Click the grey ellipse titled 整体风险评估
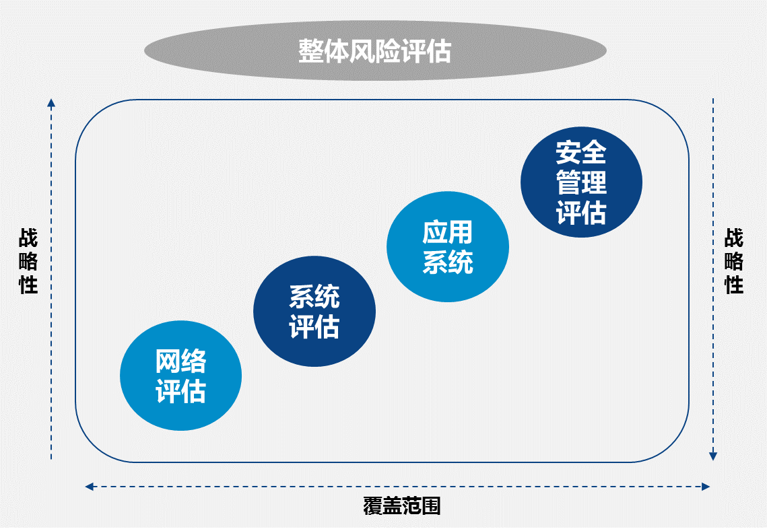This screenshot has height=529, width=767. click(x=375, y=50)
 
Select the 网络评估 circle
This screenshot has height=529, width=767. click(x=181, y=376)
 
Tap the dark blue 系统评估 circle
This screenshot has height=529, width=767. click(x=314, y=311)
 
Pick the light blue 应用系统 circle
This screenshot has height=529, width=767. click(x=448, y=246)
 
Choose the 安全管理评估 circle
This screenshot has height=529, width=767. click(x=581, y=182)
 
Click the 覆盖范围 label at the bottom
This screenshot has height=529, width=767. click(x=401, y=506)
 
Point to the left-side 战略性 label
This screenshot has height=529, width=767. click(x=28, y=260)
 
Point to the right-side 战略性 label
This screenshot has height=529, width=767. click(x=734, y=260)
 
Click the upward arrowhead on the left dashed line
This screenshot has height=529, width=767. click(x=51, y=103)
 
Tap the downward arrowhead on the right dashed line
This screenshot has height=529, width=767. click(x=713, y=456)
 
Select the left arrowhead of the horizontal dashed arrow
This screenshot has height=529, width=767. click(x=89, y=487)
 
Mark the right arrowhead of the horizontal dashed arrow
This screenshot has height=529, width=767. click(x=705, y=487)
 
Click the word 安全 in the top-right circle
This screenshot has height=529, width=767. click(x=581, y=152)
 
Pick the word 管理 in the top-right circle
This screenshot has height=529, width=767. click(x=581, y=182)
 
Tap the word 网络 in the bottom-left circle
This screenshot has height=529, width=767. click(x=181, y=361)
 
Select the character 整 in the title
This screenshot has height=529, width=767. click(x=311, y=51)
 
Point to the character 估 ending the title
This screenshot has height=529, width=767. click(x=438, y=51)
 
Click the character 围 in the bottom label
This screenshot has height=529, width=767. click(x=431, y=506)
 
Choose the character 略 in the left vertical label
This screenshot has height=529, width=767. click(x=28, y=260)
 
